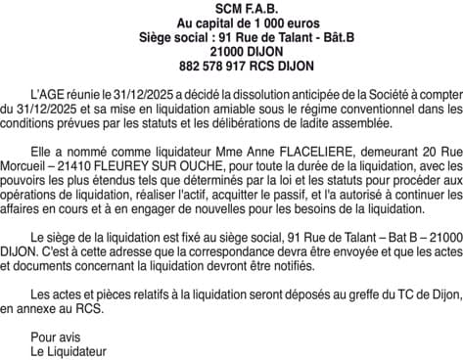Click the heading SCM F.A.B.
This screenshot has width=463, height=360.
[231, 9]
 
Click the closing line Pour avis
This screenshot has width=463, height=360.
[51, 336]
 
